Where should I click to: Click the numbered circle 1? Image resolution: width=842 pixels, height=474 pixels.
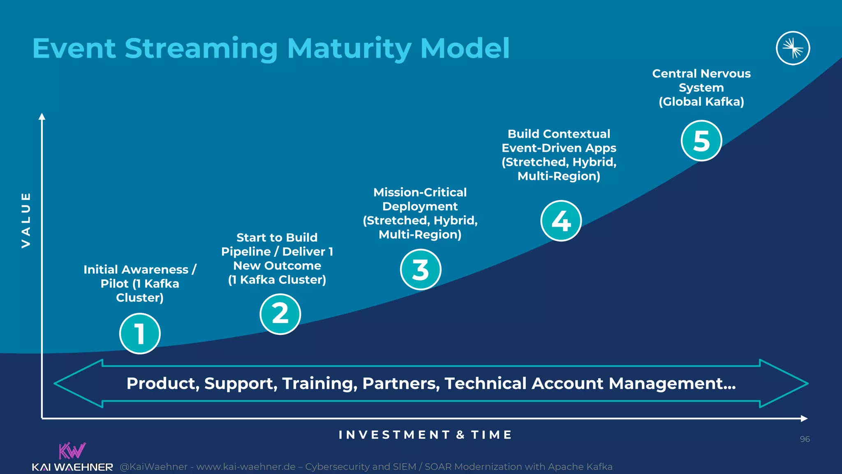(140, 333)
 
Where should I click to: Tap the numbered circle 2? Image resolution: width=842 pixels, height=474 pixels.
(280, 314)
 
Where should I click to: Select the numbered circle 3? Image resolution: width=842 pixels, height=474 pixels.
(421, 270)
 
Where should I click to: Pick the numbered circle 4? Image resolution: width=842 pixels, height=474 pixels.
(561, 221)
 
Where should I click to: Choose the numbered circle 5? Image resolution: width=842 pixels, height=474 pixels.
(701, 141)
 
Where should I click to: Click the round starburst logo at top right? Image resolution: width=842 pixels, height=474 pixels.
(793, 48)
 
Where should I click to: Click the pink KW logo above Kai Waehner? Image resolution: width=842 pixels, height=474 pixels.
(72, 451)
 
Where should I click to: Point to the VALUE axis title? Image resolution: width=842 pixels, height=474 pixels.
(26, 220)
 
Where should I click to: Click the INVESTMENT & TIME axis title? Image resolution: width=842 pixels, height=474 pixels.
(425, 435)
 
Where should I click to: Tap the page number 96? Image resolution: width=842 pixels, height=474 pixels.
(805, 439)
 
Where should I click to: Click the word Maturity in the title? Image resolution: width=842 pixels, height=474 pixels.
(349, 49)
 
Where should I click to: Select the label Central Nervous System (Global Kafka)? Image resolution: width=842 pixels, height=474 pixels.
(701, 88)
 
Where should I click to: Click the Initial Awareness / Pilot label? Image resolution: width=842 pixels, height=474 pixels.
(140, 283)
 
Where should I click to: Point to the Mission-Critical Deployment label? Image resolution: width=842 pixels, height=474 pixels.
(420, 213)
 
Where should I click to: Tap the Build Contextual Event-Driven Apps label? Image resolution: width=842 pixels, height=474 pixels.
(559, 155)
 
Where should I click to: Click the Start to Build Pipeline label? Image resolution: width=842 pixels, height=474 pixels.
(277, 258)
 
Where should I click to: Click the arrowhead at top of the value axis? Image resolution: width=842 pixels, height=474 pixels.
(42, 116)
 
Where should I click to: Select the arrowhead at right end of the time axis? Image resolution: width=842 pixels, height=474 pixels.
(804, 418)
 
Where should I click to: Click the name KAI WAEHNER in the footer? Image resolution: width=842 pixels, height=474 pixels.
(72, 467)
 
